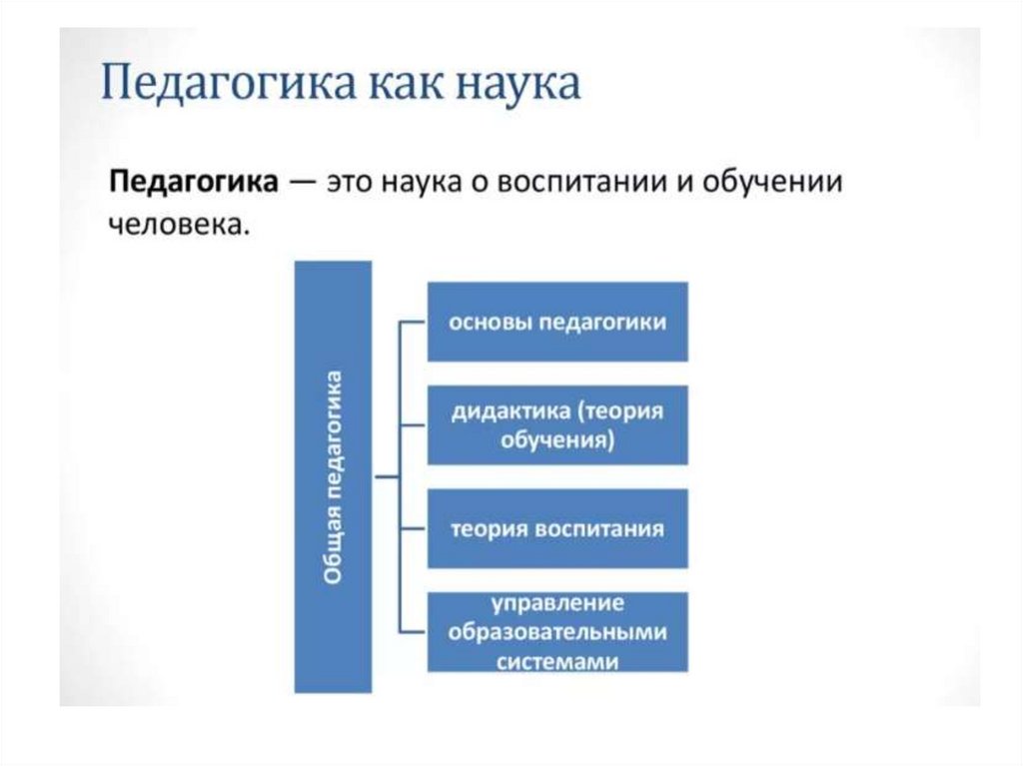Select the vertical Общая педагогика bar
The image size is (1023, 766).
click(x=333, y=476)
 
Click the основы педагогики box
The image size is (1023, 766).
click(x=557, y=322)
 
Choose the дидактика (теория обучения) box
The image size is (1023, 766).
click(x=557, y=424)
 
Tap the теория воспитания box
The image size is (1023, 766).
click(x=557, y=528)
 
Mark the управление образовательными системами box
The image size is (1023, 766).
click(x=557, y=632)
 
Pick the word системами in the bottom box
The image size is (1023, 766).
click(x=557, y=660)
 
